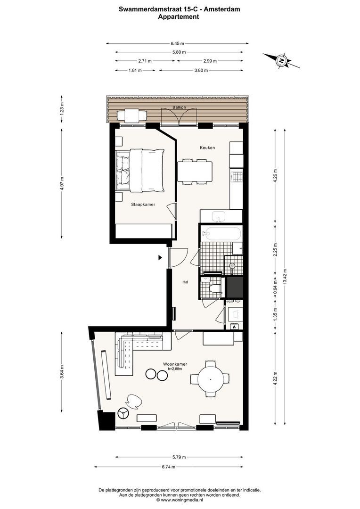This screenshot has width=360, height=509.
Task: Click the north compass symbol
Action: click(281, 60)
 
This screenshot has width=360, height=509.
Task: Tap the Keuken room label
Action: click(207, 148)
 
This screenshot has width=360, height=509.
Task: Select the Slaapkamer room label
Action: click(143, 205)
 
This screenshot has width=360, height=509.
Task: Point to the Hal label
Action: click(185, 282)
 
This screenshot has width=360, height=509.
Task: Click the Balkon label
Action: click(179, 107)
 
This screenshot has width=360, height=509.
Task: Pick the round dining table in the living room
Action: click(211, 379)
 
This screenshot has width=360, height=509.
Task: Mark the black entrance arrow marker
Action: click(160, 258)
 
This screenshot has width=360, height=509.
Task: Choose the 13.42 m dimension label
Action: click(285, 276)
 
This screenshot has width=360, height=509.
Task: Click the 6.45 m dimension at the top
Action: click(177, 43)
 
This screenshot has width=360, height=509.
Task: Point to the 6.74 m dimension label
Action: click(169, 467)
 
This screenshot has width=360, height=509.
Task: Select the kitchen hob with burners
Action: click(237, 176)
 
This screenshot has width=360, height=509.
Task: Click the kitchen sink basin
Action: click(220, 216)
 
